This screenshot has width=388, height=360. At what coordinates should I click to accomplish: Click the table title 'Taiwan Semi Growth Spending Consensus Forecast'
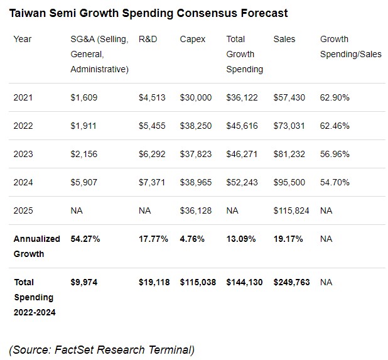click(149, 13)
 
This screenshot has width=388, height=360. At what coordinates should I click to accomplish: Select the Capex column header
click(192, 39)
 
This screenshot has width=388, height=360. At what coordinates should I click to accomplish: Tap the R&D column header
click(148, 39)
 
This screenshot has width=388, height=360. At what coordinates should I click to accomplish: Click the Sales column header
click(284, 39)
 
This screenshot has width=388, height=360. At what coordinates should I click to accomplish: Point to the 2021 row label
click(23, 97)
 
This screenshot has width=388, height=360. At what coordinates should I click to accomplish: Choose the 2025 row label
click(23, 210)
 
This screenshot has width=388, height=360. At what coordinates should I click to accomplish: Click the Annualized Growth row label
click(37, 246)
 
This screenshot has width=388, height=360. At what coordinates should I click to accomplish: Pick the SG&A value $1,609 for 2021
click(84, 97)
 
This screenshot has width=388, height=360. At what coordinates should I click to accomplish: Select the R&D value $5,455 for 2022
click(152, 126)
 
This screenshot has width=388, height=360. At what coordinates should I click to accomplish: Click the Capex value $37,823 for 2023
click(196, 154)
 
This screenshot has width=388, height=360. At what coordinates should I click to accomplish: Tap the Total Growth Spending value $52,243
click(242, 182)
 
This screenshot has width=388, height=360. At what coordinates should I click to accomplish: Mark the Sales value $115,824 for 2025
click(291, 210)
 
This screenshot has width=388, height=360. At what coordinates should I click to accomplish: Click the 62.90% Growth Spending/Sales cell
click(335, 97)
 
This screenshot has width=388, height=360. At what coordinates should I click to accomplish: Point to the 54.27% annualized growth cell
click(85, 239)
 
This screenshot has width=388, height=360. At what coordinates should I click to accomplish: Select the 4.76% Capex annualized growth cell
click(192, 239)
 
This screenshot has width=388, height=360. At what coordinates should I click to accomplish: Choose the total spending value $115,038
click(198, 282)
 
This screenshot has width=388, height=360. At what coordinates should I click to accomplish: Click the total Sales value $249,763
click(291, 282)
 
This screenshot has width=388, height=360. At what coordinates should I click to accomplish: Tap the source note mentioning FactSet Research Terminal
click(102, 349)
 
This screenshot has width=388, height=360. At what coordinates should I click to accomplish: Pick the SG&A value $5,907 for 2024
click(84, 182)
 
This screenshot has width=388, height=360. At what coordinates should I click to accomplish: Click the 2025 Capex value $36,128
click(196, 210)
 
